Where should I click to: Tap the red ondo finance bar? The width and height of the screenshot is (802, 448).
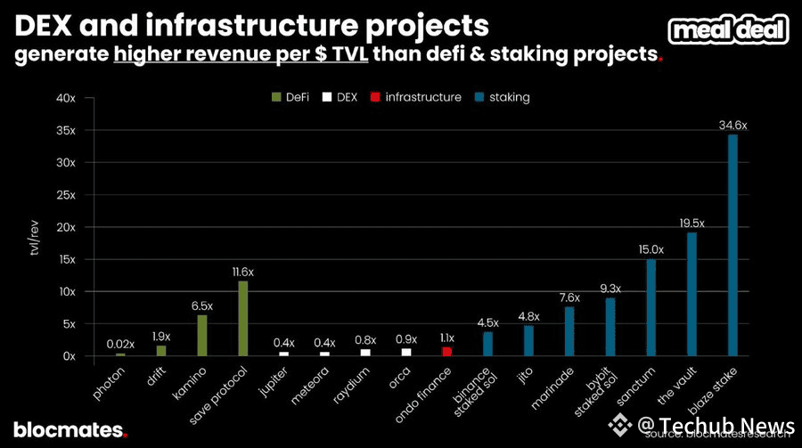(446, 351)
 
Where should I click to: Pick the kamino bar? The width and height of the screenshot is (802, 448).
(201, 335)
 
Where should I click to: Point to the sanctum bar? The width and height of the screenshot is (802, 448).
(651, 307)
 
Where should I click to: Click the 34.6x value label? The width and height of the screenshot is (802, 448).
(732, 126)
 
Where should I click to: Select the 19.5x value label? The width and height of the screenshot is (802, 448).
(692, 223)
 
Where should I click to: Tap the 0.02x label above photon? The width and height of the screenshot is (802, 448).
(120, 344)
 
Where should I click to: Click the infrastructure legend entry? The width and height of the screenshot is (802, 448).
(419, 97)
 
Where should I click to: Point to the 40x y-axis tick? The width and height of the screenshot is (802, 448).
(66, 98)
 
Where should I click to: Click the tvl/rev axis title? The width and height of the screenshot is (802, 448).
(33, 240)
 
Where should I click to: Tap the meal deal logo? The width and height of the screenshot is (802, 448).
(729, 29)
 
